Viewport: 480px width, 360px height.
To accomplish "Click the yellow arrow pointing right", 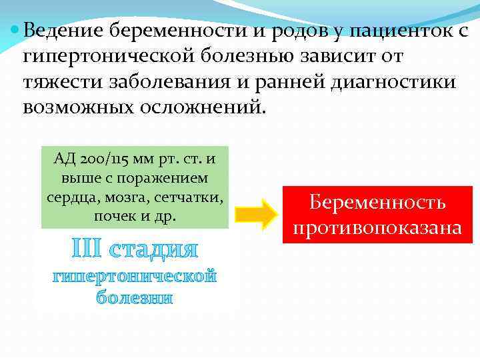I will (x=257, y=213).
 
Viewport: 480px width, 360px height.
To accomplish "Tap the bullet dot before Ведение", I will (x=15, y=30).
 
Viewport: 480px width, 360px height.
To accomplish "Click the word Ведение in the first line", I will (x=62, y=30).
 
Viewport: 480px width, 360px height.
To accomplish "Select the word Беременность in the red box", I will (x=378, y=203).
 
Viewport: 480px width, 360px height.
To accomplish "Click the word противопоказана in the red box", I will (x=378, y=227).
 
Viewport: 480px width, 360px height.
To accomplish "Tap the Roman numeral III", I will (x=87, y=250).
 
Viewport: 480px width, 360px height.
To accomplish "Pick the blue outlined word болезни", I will (x=134, y=298).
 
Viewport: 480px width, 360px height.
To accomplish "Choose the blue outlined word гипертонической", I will (x=135, y=276).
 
